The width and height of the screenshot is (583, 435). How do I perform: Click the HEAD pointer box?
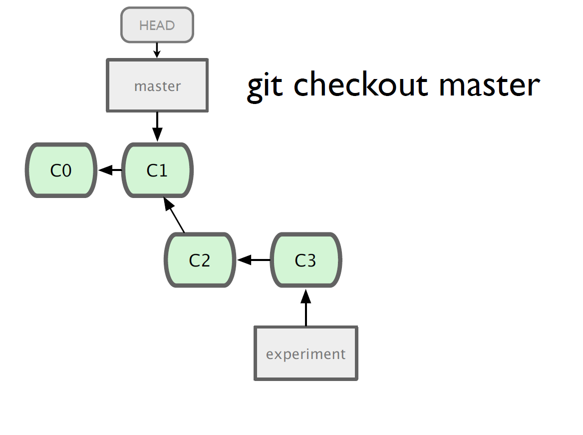[157, 25]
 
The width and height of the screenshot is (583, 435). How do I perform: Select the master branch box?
[157, 85]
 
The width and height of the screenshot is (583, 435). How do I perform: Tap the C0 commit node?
[61, 170]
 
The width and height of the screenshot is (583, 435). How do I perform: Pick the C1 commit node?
[157, 170]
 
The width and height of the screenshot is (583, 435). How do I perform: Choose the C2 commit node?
[200, 260]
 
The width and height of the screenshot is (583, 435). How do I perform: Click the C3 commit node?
[305, 260]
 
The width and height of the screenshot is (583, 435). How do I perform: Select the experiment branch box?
[306, 353]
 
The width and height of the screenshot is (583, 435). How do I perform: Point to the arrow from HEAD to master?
[157, 50]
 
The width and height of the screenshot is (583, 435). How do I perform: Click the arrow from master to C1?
[157, 126]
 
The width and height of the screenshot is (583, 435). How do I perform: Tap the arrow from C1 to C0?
[110, 170]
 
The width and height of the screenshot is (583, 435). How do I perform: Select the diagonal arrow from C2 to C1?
[174, 215]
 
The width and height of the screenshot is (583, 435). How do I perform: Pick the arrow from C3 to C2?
[254, 260]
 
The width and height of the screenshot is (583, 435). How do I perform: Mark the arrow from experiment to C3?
[305, 307]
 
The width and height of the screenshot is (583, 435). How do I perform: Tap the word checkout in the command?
[361, 84]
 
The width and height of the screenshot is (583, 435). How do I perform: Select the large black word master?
[490, 85]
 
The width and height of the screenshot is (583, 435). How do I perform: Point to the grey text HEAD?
[157, 25]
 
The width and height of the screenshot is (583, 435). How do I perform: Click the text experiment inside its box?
[305, 354]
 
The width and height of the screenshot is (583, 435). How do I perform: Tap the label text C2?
[200, 260]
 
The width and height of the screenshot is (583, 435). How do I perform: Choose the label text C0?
[61, 170]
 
